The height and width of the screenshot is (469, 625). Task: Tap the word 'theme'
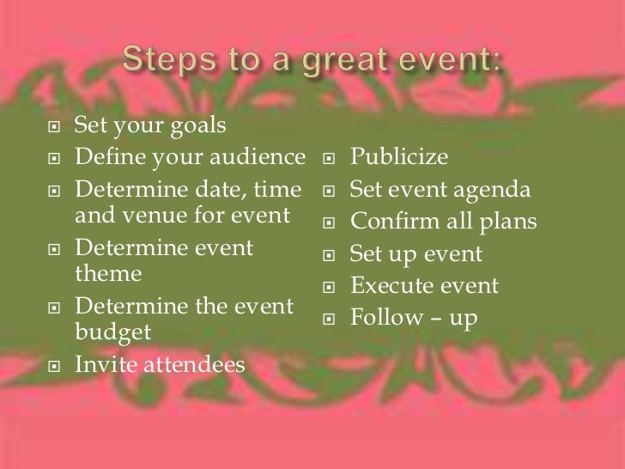pyautogui.click(x=107, y=275)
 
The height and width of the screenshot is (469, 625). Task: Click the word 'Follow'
pyautogui.click(x=385, y=318)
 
